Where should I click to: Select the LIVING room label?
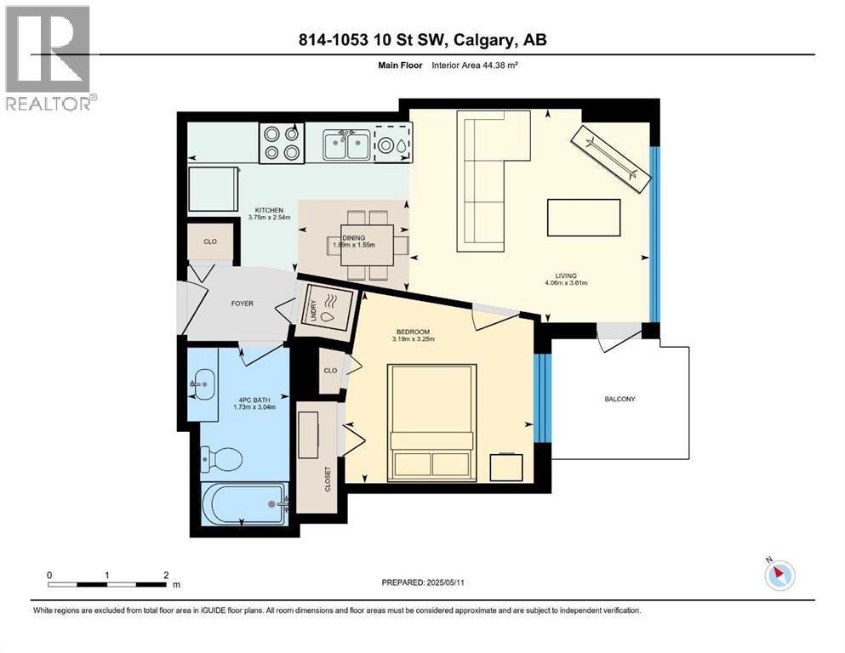pos(566,275)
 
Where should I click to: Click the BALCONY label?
pos(619,399)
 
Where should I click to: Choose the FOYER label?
pos(243,302)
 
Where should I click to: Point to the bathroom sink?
pos(203,385)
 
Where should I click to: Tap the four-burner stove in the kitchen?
pos(282,143)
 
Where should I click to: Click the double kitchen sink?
pos(345,146)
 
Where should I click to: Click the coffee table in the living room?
pos(583,217)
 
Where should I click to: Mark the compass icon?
pos(779,576)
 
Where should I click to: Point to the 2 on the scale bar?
pos(165,575)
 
